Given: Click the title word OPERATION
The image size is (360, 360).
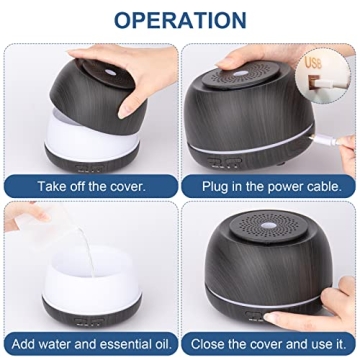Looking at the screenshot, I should [x=180, y=19].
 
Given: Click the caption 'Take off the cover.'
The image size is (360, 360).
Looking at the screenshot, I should [x=91, y=186].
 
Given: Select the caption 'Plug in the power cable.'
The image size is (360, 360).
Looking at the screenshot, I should [x=270, y=186].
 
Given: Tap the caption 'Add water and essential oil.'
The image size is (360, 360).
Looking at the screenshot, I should [x=91, y=346].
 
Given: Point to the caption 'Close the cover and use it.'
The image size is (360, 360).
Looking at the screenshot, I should [x=270, y=346].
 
